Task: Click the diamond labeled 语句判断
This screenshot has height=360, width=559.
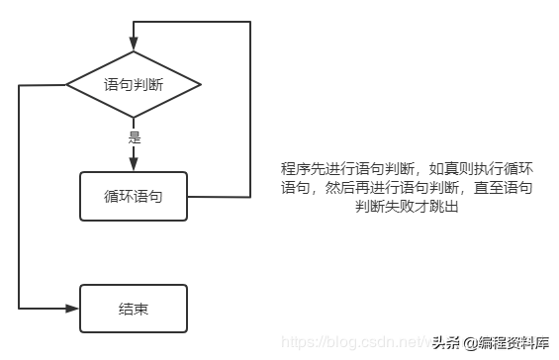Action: point(133,84)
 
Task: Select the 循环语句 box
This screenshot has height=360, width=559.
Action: point(133,196)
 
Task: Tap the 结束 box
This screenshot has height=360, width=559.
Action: point(133,308)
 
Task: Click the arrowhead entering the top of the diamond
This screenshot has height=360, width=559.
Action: point(133,43)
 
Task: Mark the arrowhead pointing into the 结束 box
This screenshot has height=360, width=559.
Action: point(71,308)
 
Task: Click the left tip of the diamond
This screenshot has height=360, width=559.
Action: point(65,84)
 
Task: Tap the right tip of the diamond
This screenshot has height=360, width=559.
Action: point(201,84)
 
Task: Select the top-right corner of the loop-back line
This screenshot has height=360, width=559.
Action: point(249,22)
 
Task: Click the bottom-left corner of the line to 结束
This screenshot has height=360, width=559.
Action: point(19,308)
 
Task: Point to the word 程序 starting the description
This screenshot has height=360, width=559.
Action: point(294,168)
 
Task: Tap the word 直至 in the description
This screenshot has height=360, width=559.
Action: point(489,186)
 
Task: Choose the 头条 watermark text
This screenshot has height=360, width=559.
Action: point(444,342)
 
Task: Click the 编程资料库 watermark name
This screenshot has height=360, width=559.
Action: point(515,342)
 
